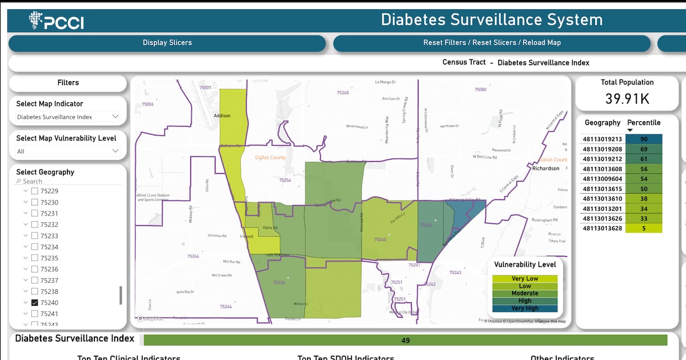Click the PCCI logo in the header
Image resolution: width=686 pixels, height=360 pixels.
pos(55,21)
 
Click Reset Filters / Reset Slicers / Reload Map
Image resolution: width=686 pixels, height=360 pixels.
pos(492,43)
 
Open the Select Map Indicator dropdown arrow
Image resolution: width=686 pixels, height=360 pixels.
pos(115,117)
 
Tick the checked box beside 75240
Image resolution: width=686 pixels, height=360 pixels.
pos(35,303)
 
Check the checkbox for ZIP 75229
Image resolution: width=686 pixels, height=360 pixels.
pos(35,191)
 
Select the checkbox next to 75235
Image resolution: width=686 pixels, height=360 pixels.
pos(35,258)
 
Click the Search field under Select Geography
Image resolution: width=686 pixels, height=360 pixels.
pos(69,181)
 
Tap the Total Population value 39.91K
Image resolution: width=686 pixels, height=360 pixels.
pos(627,99)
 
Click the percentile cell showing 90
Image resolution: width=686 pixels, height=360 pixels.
pos(644,139)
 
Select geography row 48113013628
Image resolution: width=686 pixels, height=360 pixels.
pos(602,229)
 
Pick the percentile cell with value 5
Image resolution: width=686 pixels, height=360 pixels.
pos(644,229)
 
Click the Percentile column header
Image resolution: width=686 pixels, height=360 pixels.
pos(644,123)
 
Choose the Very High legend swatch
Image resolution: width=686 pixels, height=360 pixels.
pos(525,308)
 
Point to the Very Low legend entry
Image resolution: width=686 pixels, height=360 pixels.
pos(525,279)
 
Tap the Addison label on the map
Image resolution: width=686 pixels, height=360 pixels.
pos(222,116)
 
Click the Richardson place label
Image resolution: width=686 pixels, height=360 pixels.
pos(546,169)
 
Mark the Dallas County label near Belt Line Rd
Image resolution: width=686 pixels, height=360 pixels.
pos(270,158)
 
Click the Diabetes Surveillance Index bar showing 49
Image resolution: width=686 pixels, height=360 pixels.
pos(405,341)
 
